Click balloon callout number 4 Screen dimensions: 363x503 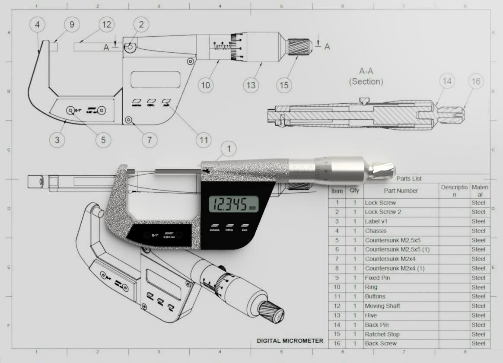coord(38,25)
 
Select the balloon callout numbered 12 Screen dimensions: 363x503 coord(106,25)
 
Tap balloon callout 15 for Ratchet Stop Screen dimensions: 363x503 coord(284,85)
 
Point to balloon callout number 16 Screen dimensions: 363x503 coord(476,82)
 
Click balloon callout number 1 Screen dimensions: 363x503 coord(229,150)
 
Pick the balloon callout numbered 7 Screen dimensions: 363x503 coord(150,140)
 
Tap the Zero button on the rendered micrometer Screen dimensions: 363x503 coord(245,226)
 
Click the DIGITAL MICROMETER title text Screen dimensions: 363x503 coord(290,341)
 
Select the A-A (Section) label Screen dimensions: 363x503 coord(366,76)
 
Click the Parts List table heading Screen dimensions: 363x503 coord(409,178)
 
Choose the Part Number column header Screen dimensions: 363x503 coord(401,191)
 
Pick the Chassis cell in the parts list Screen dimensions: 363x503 coord(376,231)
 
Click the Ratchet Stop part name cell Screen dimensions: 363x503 coord(382,334)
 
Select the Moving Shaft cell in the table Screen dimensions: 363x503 coord(382,306)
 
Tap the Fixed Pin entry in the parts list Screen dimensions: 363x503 coord(377,278)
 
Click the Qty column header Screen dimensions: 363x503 coord(354,191)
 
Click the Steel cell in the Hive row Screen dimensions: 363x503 coord(478,315)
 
